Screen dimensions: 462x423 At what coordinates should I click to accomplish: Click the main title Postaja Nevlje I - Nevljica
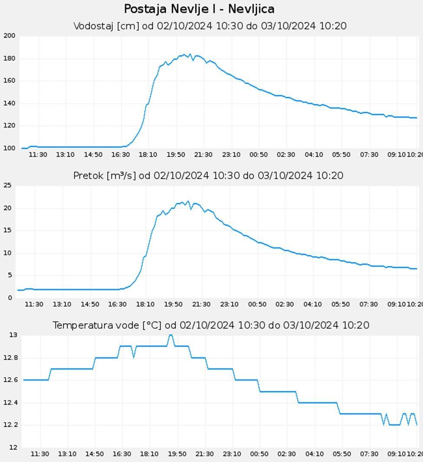pyautogui.click(x=199, y=9)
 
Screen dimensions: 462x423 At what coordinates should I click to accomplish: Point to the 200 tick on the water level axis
pyautogui.click(x=9, y=36)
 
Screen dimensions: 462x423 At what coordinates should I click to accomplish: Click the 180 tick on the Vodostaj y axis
pyautogui.click(x=9, y=59)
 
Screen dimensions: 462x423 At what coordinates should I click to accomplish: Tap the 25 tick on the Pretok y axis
pyautogui.click(x=7, y=186)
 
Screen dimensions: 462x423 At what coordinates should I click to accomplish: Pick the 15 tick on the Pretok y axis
pyautogui.click(x=7, y=230)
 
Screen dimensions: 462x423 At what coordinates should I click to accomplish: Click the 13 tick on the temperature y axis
pyautogui.click(x=13, y=335)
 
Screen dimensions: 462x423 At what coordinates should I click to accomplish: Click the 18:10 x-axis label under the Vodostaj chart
pyautogui.click(x=148, y=155)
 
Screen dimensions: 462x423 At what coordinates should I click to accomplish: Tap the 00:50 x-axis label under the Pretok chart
pyautogui.click(x=257, y=305)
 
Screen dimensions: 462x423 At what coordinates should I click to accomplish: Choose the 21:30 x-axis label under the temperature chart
pyautogui.click(x=204, y=454)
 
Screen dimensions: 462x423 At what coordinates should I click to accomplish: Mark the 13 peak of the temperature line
pyautogui.click(x=171, y=335)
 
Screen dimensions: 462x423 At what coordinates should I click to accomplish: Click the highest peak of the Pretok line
pyautogui.click(x=188, y=201)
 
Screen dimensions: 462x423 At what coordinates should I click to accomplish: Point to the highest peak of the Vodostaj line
pyautogui.click(x=190, y=54)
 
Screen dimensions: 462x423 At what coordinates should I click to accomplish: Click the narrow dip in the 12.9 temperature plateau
pyautogui.click(x=134, y=357)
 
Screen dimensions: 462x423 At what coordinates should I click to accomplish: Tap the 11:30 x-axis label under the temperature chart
pyautogui.click(x=40, y=454)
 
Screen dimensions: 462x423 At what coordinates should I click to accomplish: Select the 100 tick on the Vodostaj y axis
pyautogui.click(x=9, y=148)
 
